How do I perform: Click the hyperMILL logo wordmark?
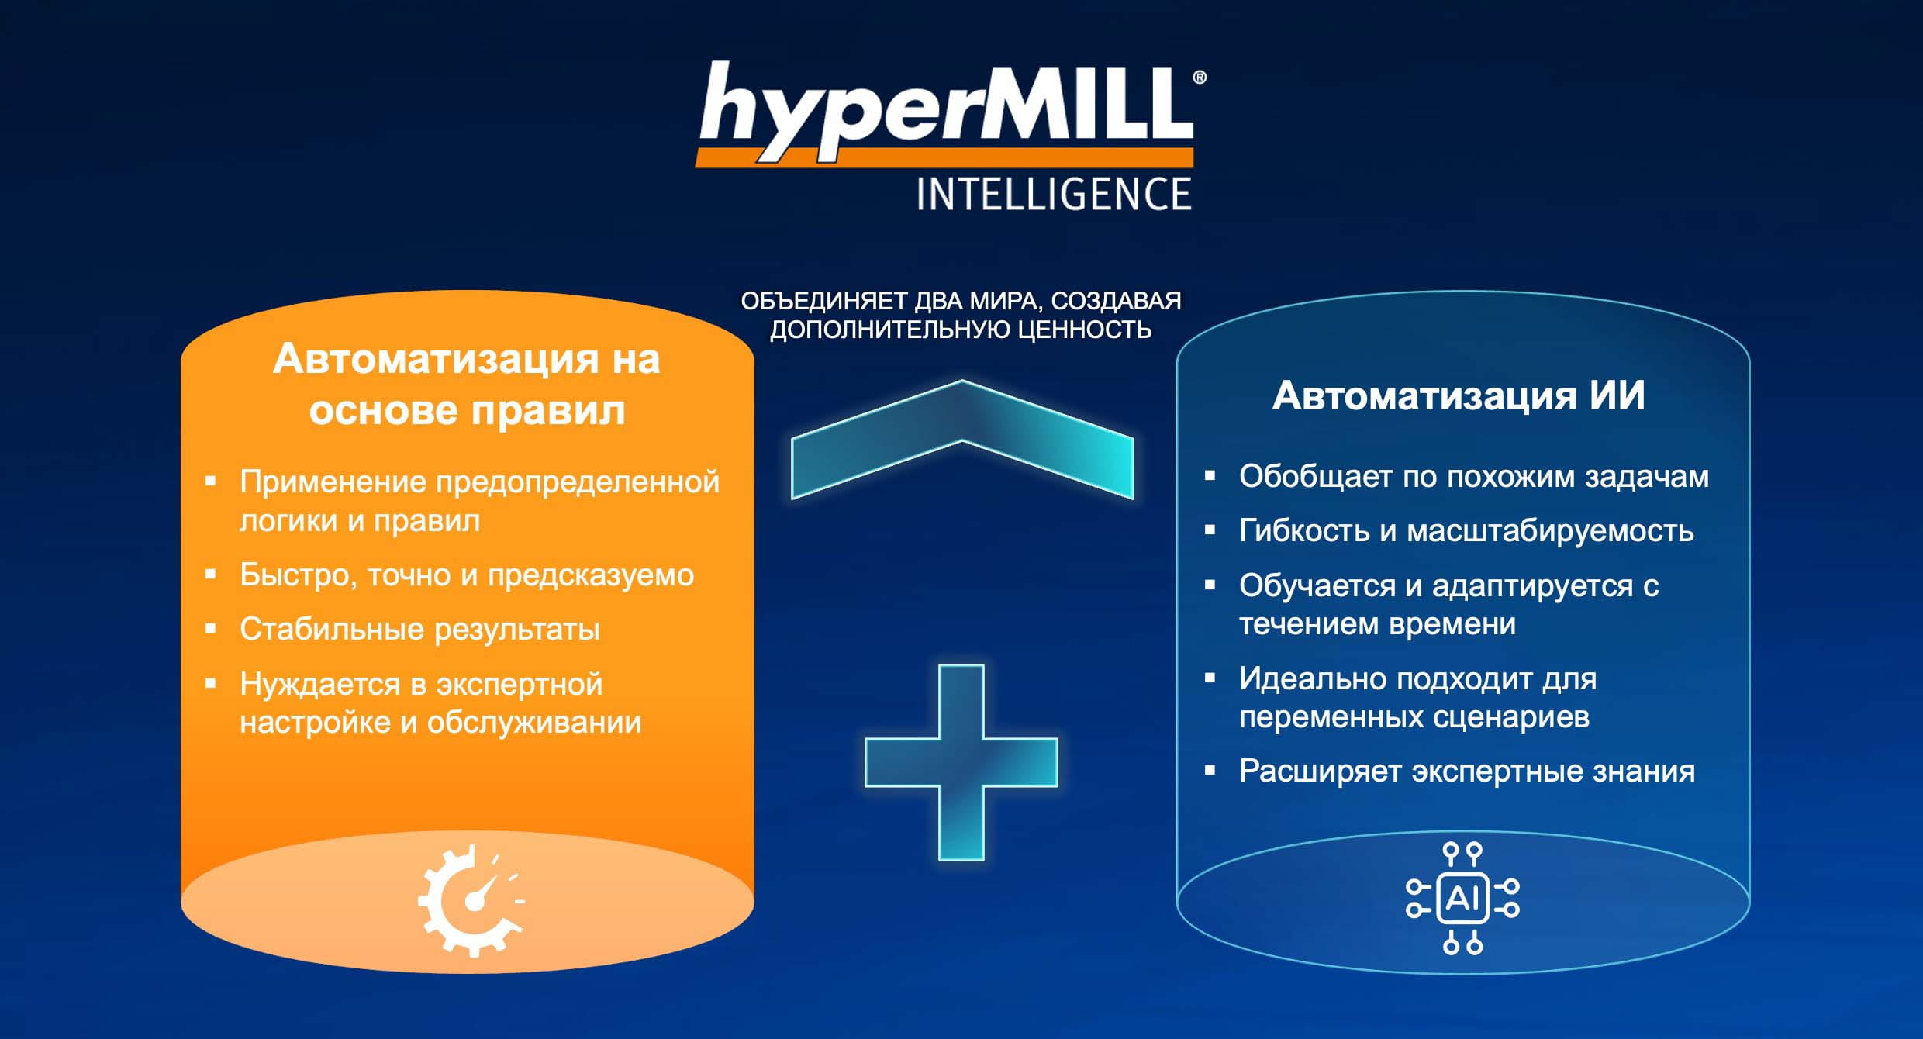[x=946, y=112]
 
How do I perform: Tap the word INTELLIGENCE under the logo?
[x=1054, y=194]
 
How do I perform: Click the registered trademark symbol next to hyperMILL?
[x=1200, y=78]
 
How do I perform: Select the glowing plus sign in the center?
[x=961, y=762]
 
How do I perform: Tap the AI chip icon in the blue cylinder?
[x=1462, y=898]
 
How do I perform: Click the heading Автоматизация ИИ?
[x=1459, y=395]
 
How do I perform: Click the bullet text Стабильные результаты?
[x=419, y=629]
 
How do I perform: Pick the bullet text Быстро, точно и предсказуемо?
[x=467, y=575]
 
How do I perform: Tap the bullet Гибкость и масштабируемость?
[x=1466, y=530]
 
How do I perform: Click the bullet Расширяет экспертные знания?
[x=1467, y=771]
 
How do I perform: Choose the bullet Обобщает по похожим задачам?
[x=1474, y=476]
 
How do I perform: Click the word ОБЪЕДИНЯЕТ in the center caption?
[x=824, y=301]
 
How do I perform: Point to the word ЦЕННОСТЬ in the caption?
[x=1084, y=330]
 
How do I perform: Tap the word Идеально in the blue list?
[x=1312, y=678]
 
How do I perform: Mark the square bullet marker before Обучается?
[x=1210, y=585]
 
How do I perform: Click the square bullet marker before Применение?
[x=210, y=481]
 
